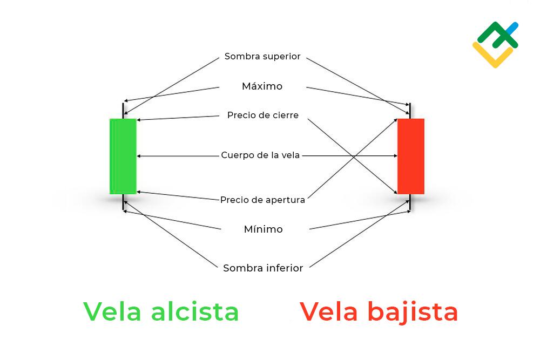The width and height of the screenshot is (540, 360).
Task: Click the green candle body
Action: [x=123, y=156]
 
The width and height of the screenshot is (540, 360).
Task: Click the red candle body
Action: [x=411, y=156]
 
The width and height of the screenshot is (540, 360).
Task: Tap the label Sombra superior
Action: [x=262, y=57]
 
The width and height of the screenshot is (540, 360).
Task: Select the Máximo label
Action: [x=262, y=86]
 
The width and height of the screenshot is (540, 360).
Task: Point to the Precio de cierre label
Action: [x=263, y=116]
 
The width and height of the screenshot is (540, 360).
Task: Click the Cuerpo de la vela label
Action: [x=260, y=155]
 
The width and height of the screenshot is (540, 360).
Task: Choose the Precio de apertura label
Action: [x=262, y=200]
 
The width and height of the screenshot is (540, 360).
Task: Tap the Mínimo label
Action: [x=263, y=229]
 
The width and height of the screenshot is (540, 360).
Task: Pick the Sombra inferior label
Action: [x=263, y=268]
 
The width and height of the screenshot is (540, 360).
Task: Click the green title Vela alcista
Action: [x=161, y=311]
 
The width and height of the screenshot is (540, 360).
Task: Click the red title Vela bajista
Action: [x=379, y=311]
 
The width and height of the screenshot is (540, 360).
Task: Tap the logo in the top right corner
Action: [x=495, y=44]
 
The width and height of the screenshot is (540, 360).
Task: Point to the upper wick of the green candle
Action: [x=123, y=110]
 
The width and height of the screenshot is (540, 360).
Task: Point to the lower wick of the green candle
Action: [x=123, y=202]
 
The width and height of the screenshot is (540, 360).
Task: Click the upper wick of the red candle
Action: [x=410, y=110]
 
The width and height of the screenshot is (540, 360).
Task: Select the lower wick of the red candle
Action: [x=410, y=202]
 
